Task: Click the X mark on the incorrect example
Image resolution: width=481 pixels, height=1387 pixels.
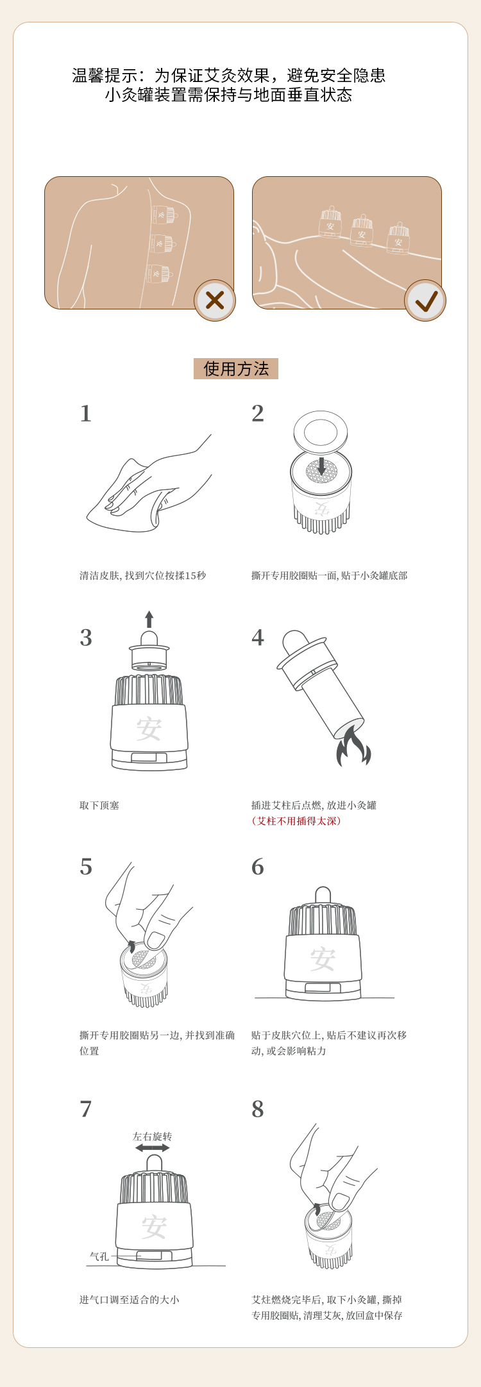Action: [x=215, y=300]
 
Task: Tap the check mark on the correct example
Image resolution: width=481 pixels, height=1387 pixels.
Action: [x=426, y=300]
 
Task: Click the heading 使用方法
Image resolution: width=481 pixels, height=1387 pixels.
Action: [x=236, y=369]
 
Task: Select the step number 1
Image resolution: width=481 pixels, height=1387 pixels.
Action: [x=86, y=414]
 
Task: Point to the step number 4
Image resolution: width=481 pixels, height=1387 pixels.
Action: [x=258, y=638]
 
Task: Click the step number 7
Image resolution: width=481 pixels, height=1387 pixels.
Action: [x=86, y=1109]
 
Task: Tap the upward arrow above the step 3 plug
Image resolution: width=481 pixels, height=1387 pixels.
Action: [x=149, y=619]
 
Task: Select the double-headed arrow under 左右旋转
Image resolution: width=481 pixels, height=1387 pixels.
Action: [x=153, y=1148]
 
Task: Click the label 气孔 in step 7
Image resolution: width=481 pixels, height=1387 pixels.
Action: [x=99, y=1257]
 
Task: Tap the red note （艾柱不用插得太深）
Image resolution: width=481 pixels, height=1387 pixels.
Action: [x=296, y=821]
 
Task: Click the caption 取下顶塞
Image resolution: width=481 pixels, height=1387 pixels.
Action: [x=99, y=805]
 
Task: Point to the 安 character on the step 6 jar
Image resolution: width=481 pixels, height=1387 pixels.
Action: [x=323, y=960]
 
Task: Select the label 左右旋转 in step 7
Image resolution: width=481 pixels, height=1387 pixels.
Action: [x=153, y=1137]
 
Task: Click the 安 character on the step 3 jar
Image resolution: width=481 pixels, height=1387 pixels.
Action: [x=149, y=728]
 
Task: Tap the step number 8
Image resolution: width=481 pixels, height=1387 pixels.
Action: [x=258, y=1109]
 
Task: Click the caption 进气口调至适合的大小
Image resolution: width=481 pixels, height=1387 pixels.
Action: [x=130, y=1300]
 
